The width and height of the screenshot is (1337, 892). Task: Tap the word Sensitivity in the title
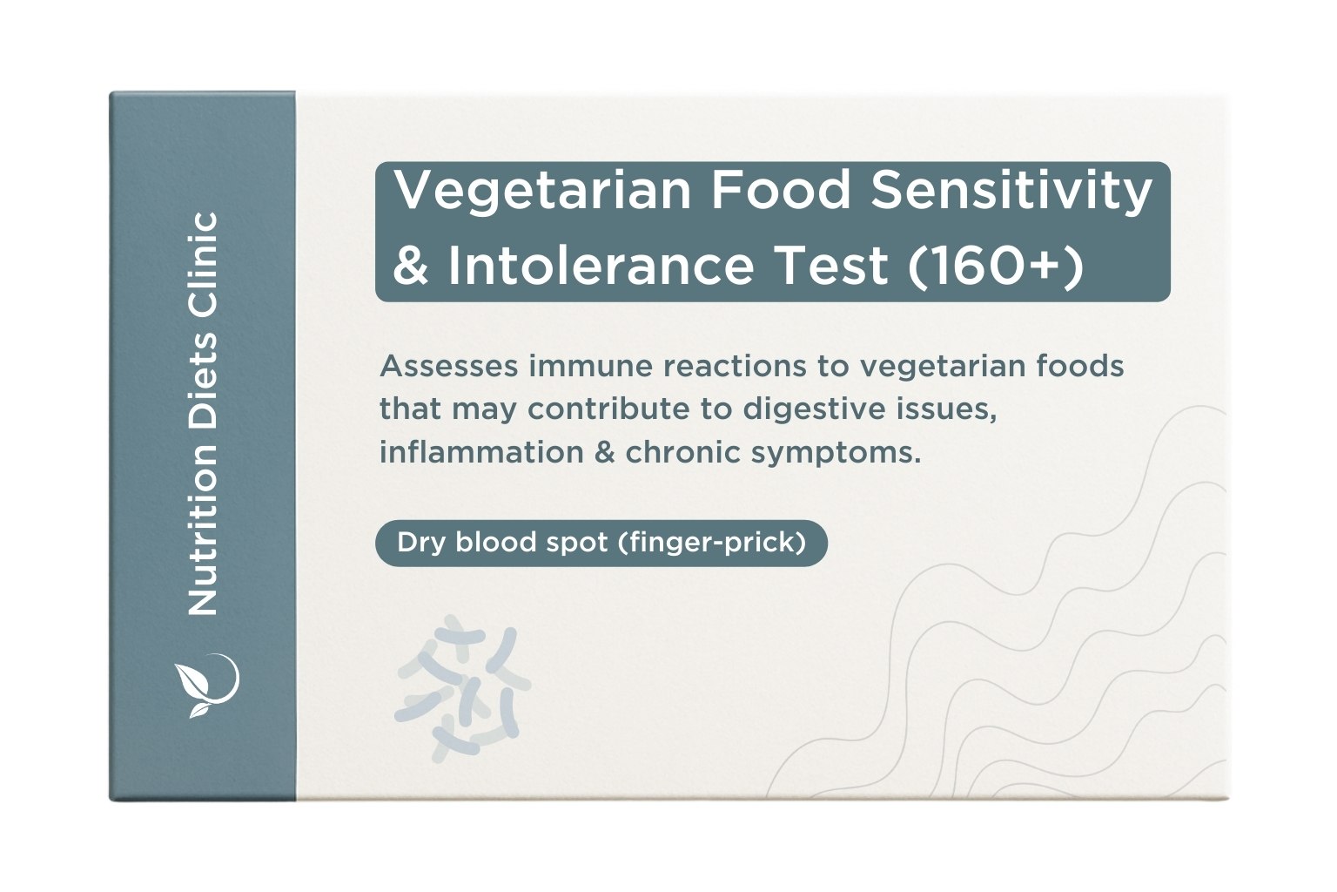(1011, 192)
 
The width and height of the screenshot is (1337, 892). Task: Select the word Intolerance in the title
(601, 265)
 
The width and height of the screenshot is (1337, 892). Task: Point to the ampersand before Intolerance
(411, 266)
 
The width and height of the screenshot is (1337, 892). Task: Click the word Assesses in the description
(448, 366)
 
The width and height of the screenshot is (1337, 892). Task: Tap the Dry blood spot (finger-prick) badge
(601, 543)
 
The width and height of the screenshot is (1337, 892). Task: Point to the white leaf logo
(205, 685)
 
